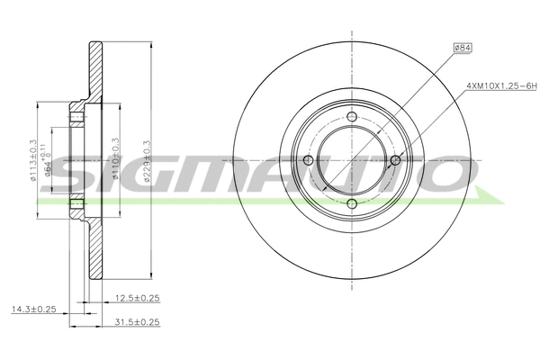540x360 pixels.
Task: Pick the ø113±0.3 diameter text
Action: click(x=33, y=162)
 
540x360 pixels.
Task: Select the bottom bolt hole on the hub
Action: click(x=353, y=204)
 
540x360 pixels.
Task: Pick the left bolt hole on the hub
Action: click(x=309, y=160)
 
